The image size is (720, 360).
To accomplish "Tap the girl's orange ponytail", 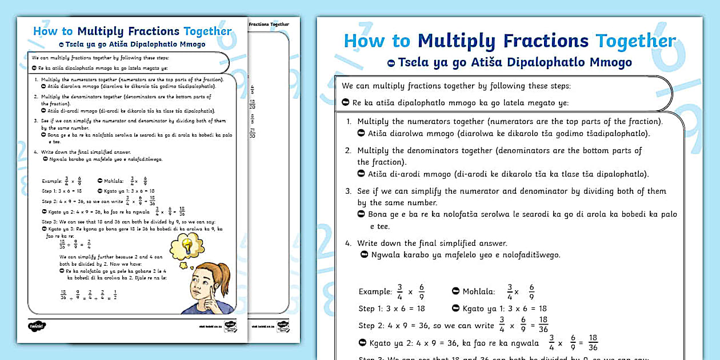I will pos(223,274).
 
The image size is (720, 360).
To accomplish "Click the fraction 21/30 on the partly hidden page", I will pos(252,133).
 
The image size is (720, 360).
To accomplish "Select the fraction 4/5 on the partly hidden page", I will pos(252,89).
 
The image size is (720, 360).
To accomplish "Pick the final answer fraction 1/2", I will pos(115,295).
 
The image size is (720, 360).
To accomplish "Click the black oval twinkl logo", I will pos(37,326).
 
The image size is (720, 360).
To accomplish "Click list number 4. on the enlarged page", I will pos(348,243).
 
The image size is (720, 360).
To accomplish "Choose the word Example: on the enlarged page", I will pos(375,291).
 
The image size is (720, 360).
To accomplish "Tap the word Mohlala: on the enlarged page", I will pos(479,291).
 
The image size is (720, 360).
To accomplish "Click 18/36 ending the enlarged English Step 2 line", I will pos(543,325).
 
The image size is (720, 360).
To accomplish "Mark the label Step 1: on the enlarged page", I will pos(375,309).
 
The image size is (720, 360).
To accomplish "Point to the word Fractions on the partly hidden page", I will pos(261,25).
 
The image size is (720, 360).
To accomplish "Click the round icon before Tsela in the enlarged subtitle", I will pos(391,63).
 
